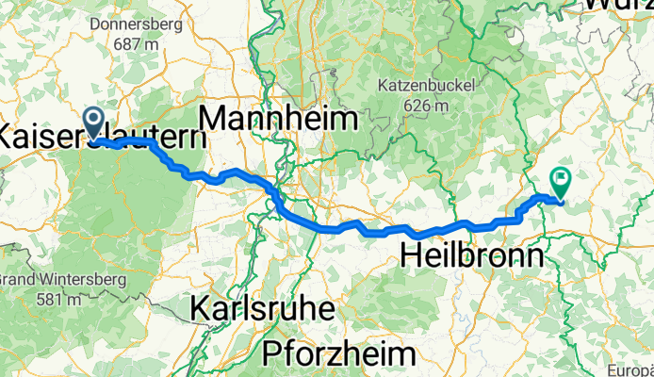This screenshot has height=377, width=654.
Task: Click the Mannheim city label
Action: point(280,120)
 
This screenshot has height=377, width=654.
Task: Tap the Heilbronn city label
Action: point(472,255)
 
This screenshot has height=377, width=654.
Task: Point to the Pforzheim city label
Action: point(339,353)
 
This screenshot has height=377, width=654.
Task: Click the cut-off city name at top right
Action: point(617,5)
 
